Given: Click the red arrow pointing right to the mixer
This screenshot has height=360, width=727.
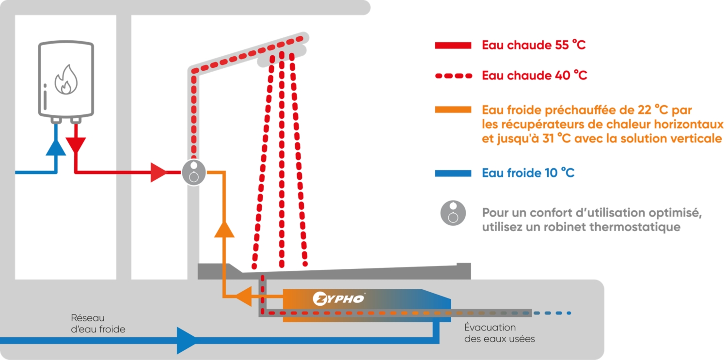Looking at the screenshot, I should (x=158, y=172).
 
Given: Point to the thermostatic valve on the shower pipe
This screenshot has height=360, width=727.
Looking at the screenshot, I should (x=194, y=172).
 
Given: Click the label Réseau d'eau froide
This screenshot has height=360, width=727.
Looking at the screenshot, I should (x=98, y=324).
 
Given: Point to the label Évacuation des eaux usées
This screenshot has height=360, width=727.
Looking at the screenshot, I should (x=499, y=333).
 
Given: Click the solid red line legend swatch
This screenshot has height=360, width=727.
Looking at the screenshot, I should (x=453, y=46).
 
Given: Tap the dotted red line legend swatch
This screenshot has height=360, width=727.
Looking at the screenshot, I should (x=453, y=76).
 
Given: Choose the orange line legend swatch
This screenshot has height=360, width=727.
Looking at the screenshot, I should (x=453, y=109).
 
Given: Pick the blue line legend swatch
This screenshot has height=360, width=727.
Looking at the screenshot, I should (x=453, y=173).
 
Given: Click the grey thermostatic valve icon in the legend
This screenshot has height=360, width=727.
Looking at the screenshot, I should (x=453, y=213).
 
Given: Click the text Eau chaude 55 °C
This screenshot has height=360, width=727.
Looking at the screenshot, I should (x=534, y=46).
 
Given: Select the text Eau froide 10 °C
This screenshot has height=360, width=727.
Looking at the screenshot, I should (x=528, y=173).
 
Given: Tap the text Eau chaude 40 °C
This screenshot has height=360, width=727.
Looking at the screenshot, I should (x=534, y=76).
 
